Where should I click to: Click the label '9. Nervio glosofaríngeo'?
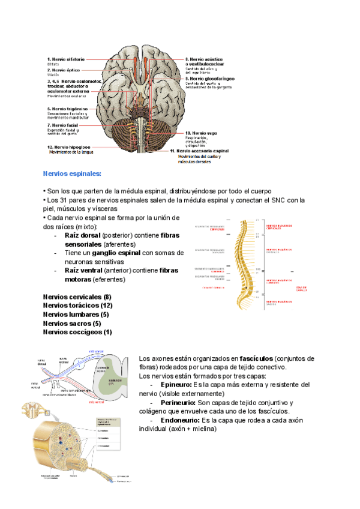pos(209,79)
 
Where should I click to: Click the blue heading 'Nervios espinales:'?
pos(72,173)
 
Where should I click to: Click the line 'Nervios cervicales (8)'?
pos(77,297)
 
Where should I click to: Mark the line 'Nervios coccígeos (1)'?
pos(77,332)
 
